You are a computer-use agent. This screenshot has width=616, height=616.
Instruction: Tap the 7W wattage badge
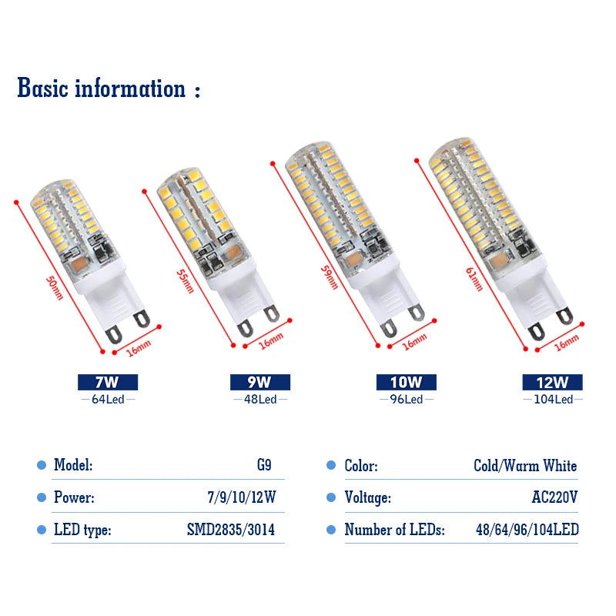click(x=108, y=382)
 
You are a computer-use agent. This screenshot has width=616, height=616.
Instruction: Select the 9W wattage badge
click(x=260, y=382)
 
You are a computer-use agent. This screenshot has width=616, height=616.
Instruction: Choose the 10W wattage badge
click(x=407, y=382)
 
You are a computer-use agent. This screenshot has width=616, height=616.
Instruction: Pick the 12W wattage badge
click(x=552, y=382)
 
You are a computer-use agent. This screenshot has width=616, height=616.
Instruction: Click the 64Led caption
click(x=108, y=400)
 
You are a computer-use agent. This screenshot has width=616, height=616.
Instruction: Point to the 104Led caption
click(x=553, y=400)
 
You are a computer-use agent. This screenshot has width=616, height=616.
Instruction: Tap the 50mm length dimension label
click(x=55, y=288)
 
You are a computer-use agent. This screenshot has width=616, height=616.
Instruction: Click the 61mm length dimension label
click(x=474, y=280)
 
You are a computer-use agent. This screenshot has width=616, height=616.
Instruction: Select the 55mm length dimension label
click(x=185, y=281)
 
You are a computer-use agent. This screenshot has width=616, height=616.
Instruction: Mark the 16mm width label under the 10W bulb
click(x=414, y=342)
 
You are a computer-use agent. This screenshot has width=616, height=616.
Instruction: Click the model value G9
click(x=264, y=465)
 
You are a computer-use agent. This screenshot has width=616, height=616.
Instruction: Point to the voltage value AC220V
click(x=554, y=497)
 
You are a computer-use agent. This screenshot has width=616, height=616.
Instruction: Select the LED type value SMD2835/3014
click(x=230, y=530)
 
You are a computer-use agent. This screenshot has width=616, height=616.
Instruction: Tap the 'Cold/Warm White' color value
click(x=525, y=466)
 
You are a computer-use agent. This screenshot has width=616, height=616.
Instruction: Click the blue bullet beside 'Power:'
click(x=42, y=497)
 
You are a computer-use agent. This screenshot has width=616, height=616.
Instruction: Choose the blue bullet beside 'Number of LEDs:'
click(x=331, y=530)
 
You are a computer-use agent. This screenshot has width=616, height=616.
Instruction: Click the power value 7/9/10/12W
click(x=242, y=497)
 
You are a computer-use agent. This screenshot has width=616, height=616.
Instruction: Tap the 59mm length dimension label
click(x=330, y=278)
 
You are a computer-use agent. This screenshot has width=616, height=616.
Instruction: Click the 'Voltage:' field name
click(x=368, y=497)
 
